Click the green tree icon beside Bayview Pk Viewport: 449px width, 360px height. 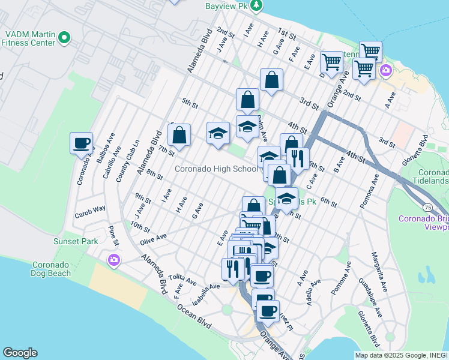coord(257,5)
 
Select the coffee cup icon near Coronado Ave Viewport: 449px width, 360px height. coord(81,143)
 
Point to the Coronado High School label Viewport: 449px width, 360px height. coord(215,169)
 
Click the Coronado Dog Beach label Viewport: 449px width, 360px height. coord(51,269)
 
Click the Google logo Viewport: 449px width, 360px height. coord(20,353)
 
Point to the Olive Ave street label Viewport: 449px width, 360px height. coord(153,238)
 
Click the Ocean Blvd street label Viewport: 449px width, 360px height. coord(194,316)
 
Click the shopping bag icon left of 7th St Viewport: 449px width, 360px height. coord(179,135)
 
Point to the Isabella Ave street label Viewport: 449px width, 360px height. coord(206,294)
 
